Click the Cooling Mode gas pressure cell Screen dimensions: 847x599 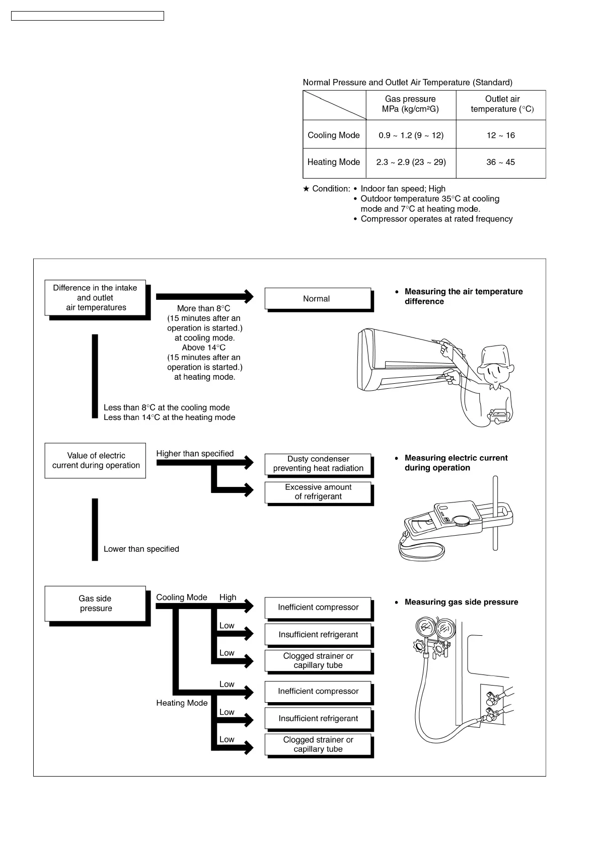click(411, 135)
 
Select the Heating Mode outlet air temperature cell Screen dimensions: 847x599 click(500, 162)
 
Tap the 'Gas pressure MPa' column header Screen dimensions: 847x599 click(410, 104)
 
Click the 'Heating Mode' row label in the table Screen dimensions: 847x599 click(334, 162)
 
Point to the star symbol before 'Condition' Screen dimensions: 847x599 click(307, 189)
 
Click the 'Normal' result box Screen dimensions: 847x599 click(317, 299)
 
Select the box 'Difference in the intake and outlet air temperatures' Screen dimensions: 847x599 click(95, 298)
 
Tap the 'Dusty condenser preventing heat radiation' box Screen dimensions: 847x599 click(318, 464)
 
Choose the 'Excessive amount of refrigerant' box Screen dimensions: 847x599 click(318, 492)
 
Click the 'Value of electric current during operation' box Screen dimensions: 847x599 click(95, 461)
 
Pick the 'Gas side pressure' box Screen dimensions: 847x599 click(95, 604)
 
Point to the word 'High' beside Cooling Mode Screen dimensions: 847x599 click(228, 598)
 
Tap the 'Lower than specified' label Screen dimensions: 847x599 click(141, 549)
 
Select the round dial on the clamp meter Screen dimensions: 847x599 click(462, 521)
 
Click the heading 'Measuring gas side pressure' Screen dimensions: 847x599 click(461, 602)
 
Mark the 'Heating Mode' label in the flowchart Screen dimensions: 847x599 click(182, 703)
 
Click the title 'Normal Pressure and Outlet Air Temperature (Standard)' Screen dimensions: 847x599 click(407, 82)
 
